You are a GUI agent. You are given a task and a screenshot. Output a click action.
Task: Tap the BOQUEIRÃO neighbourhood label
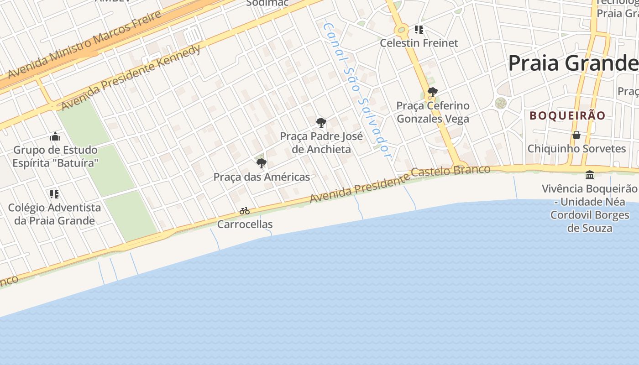pyautogui.click(x=567, y=116)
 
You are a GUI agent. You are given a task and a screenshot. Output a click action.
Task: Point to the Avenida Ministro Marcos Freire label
pyautogui.click(x=84, y=44)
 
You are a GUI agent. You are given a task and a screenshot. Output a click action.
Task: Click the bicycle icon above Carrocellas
pyautogui.click(x=245, y=211)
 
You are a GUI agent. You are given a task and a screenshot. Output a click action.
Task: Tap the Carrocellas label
pyautogui.click(x=245, y=224)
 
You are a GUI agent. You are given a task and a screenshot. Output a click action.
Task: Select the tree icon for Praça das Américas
pyautogui.click(x=261, y=163)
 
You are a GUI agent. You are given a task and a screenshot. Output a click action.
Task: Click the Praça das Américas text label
pyautogui.click(x=262, y=177)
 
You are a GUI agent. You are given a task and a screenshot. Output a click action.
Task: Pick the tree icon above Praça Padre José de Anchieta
pyautogui.click(x=321, y=122)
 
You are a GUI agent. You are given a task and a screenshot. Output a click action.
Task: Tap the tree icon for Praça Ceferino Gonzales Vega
pyautogui.click(x=433, y=93)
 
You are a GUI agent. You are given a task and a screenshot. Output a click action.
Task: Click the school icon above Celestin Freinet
pyautogui.click(x=419, y=30)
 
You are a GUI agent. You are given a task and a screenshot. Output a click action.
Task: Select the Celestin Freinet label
pyautogui.click(x=419, y=43)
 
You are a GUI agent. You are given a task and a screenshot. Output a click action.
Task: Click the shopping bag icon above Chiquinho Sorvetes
pyautogui.click(x=576, y=135)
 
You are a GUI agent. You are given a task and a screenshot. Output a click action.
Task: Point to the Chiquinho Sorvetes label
pyautogui.click(x=576, y=149)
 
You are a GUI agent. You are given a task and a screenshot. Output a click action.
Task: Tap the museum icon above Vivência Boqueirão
pyautogui.click(x=589, y=175)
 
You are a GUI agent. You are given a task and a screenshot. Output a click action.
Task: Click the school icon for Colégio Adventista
pyautogui.click(x=54, y=194)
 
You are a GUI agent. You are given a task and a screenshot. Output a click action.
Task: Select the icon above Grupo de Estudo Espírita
pyautogui.click(x=55, y=136)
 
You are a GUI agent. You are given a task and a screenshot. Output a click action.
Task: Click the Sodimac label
pyautogui.click(x=267, y=3)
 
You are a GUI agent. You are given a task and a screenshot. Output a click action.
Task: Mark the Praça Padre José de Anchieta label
pyautogui.click(x=321, y=142)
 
